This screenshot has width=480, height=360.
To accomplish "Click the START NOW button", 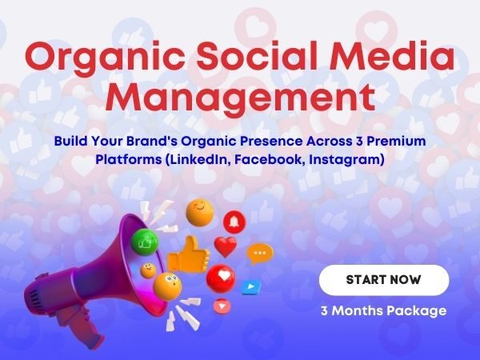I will point(384,280).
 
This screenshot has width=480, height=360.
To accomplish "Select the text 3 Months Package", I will point(383,310).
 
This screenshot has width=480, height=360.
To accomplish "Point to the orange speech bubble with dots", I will point(259,254).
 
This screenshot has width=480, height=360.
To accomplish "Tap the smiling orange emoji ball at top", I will point(198,213).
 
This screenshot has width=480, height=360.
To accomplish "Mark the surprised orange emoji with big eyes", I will point(167,284).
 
